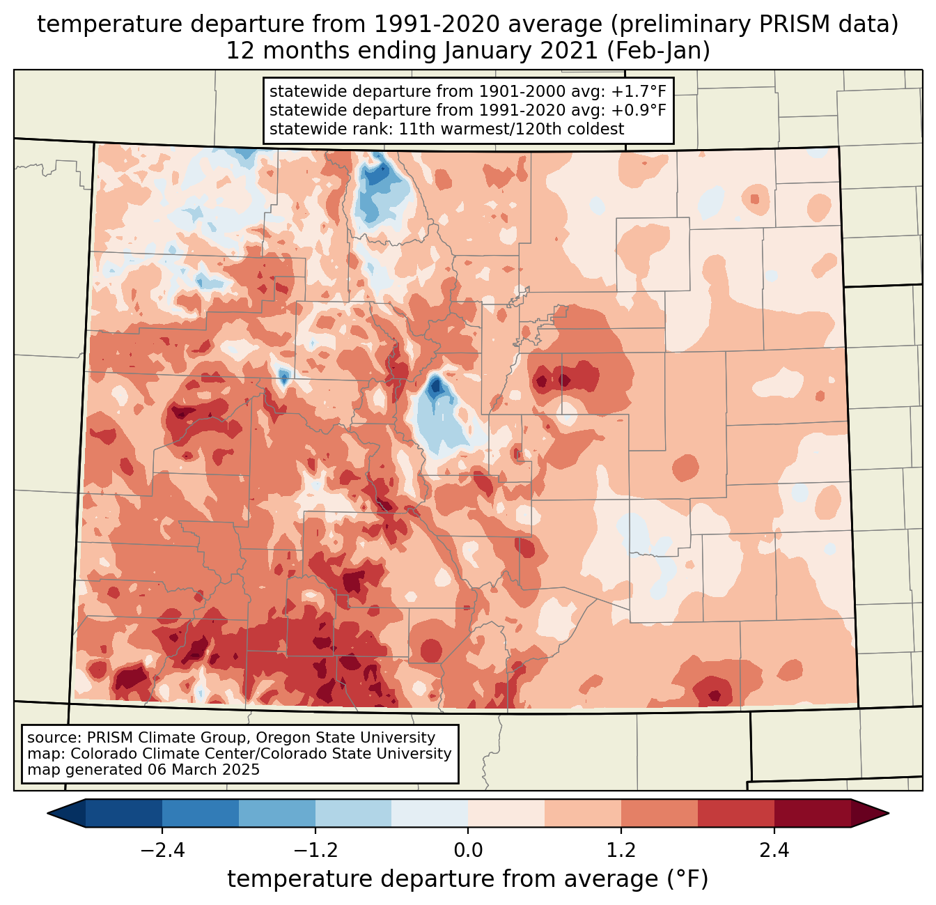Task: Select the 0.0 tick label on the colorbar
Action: pos(468,851)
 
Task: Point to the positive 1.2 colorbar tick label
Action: pos(621,851)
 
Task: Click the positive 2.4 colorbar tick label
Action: pos(774,851)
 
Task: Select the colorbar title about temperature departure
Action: pos(468,879)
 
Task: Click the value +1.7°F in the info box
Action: pos(639,92)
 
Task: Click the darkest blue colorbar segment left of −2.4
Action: pos(124,813)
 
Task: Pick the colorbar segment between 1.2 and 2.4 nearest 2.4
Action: pos(736,813)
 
